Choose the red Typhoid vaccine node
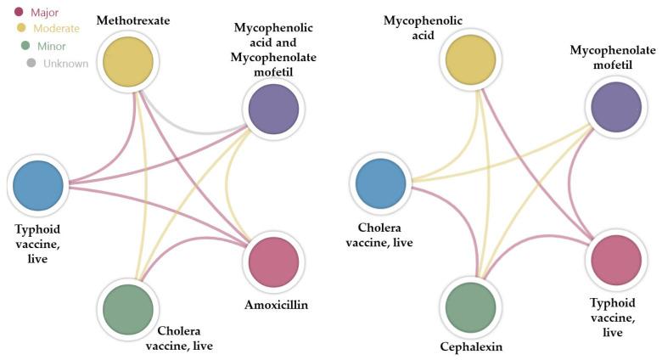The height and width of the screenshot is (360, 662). (615, 260)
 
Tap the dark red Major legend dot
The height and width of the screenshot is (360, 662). (19, 12)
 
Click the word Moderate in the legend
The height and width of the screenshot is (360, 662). (56, 28)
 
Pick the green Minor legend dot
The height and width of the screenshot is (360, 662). (25, 45)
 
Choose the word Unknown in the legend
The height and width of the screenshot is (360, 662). (66, 62)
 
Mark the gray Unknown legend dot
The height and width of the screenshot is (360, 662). (31, 62)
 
